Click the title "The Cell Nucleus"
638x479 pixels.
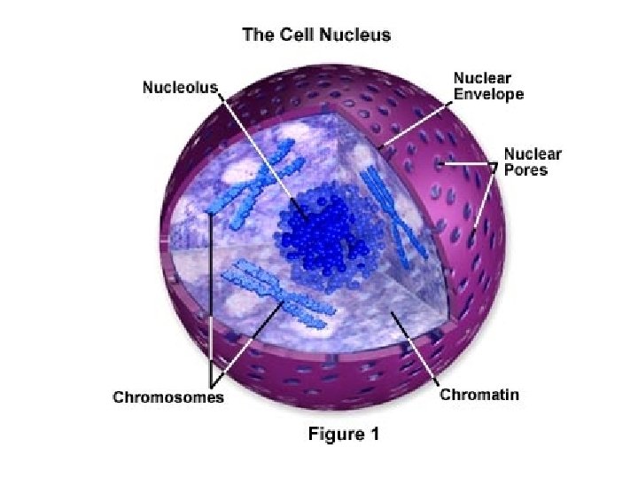pos(316,36)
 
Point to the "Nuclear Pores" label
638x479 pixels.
pos(533,161)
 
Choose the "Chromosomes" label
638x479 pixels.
pos(168,397)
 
